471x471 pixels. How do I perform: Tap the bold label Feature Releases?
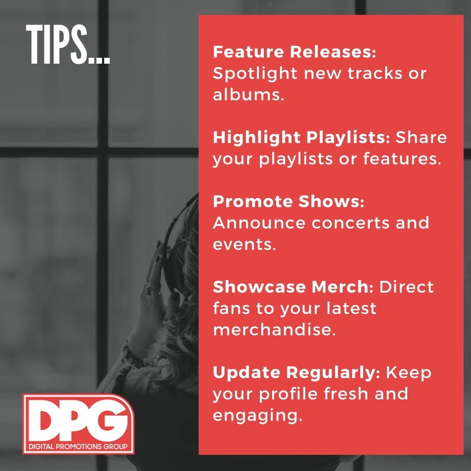[294, 53]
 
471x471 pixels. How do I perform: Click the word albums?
[248, 95]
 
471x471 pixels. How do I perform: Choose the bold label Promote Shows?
[288, 202]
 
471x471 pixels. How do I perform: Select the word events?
[244, 244]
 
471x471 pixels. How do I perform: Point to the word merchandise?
[274, 330]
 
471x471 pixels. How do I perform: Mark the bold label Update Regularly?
[297, 372]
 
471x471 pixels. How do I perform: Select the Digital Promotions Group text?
[78, 447]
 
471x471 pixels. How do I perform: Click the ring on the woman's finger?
[153, 290]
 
